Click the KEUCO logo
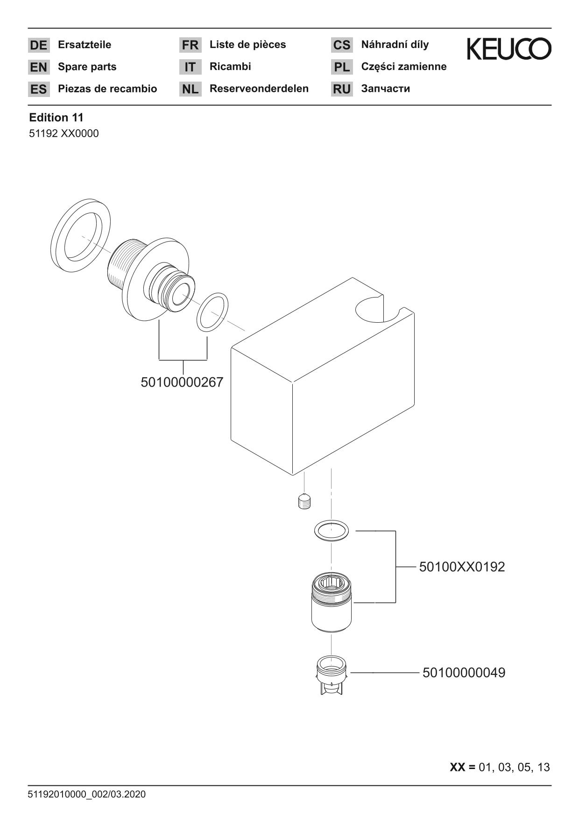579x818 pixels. (509, 49)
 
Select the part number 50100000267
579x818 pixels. (182, 382)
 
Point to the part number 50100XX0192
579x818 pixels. (462, 567)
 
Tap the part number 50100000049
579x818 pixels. (464, 673)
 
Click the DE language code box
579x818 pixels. (39, 45)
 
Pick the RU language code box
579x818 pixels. (342, 89)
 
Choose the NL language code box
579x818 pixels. (190, 89)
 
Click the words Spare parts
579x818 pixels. (87, 67)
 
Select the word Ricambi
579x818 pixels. (230, 67)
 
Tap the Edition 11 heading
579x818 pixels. (56, 118)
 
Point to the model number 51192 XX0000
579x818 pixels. (64, 134)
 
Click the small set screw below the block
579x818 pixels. (304, 502)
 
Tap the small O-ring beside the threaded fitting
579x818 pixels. (212, 312)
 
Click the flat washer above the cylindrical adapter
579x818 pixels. (332, 530)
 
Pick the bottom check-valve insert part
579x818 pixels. (331, 675)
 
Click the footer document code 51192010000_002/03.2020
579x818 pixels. (87, 794)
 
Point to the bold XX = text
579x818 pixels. (462, 767)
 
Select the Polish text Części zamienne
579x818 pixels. (403, 67)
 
